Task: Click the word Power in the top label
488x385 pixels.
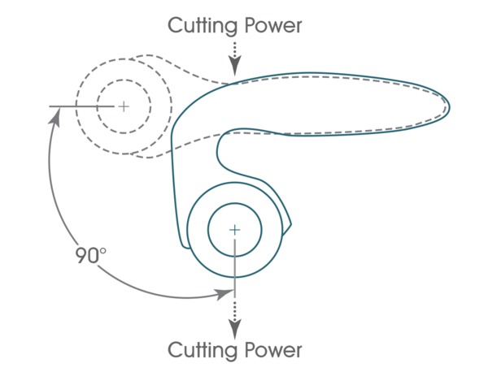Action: coord(272,25)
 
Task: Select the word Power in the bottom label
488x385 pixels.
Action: coord(272,351)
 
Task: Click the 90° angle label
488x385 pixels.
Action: coord(92,256)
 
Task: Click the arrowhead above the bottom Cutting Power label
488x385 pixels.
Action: coord(234,329)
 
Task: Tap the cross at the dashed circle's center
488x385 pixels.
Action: coord(124,106)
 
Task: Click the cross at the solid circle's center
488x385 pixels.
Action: coord(234,230)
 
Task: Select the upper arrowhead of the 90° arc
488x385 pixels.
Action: coord(55,115)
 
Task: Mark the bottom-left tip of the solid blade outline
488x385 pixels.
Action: coord(181,244)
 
